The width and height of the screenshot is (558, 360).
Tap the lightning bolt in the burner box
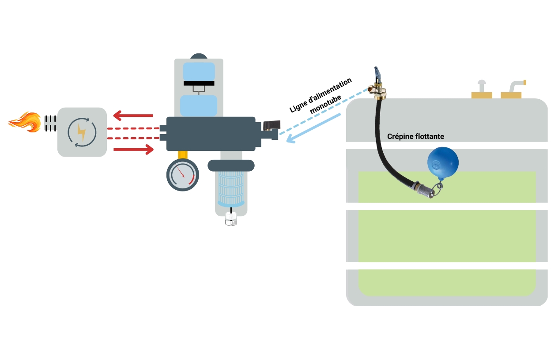[x=82, y=132]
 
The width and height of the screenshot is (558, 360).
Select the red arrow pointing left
[x=133, y=116]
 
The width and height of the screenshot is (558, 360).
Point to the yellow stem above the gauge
[x=183, y=154]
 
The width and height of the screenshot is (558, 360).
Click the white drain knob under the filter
[x=231, y=220]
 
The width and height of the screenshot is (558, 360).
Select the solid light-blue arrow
[x=313, y=128]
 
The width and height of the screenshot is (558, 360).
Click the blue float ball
[x=442, y=162]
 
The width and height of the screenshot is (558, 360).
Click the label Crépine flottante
[x=415, y=137]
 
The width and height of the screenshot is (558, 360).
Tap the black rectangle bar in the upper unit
[x=199, y=83]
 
